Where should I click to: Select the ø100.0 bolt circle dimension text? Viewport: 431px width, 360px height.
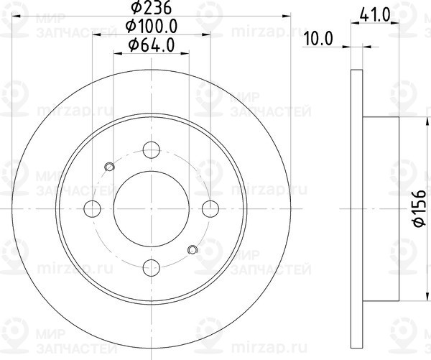[x=152, y=28]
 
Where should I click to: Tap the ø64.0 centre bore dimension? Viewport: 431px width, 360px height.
[x=152, y=45]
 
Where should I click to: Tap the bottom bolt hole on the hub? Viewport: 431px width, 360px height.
[x=151, y=268]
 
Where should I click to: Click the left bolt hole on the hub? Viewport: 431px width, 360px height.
[x=92, y=208]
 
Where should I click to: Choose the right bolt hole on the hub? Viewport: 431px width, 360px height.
[x=210, y=208]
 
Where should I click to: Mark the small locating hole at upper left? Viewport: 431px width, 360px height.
[x=110, y=167]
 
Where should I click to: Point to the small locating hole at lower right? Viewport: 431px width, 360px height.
[x=192, y=250]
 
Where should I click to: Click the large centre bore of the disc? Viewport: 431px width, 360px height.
[x=151, y=208]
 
